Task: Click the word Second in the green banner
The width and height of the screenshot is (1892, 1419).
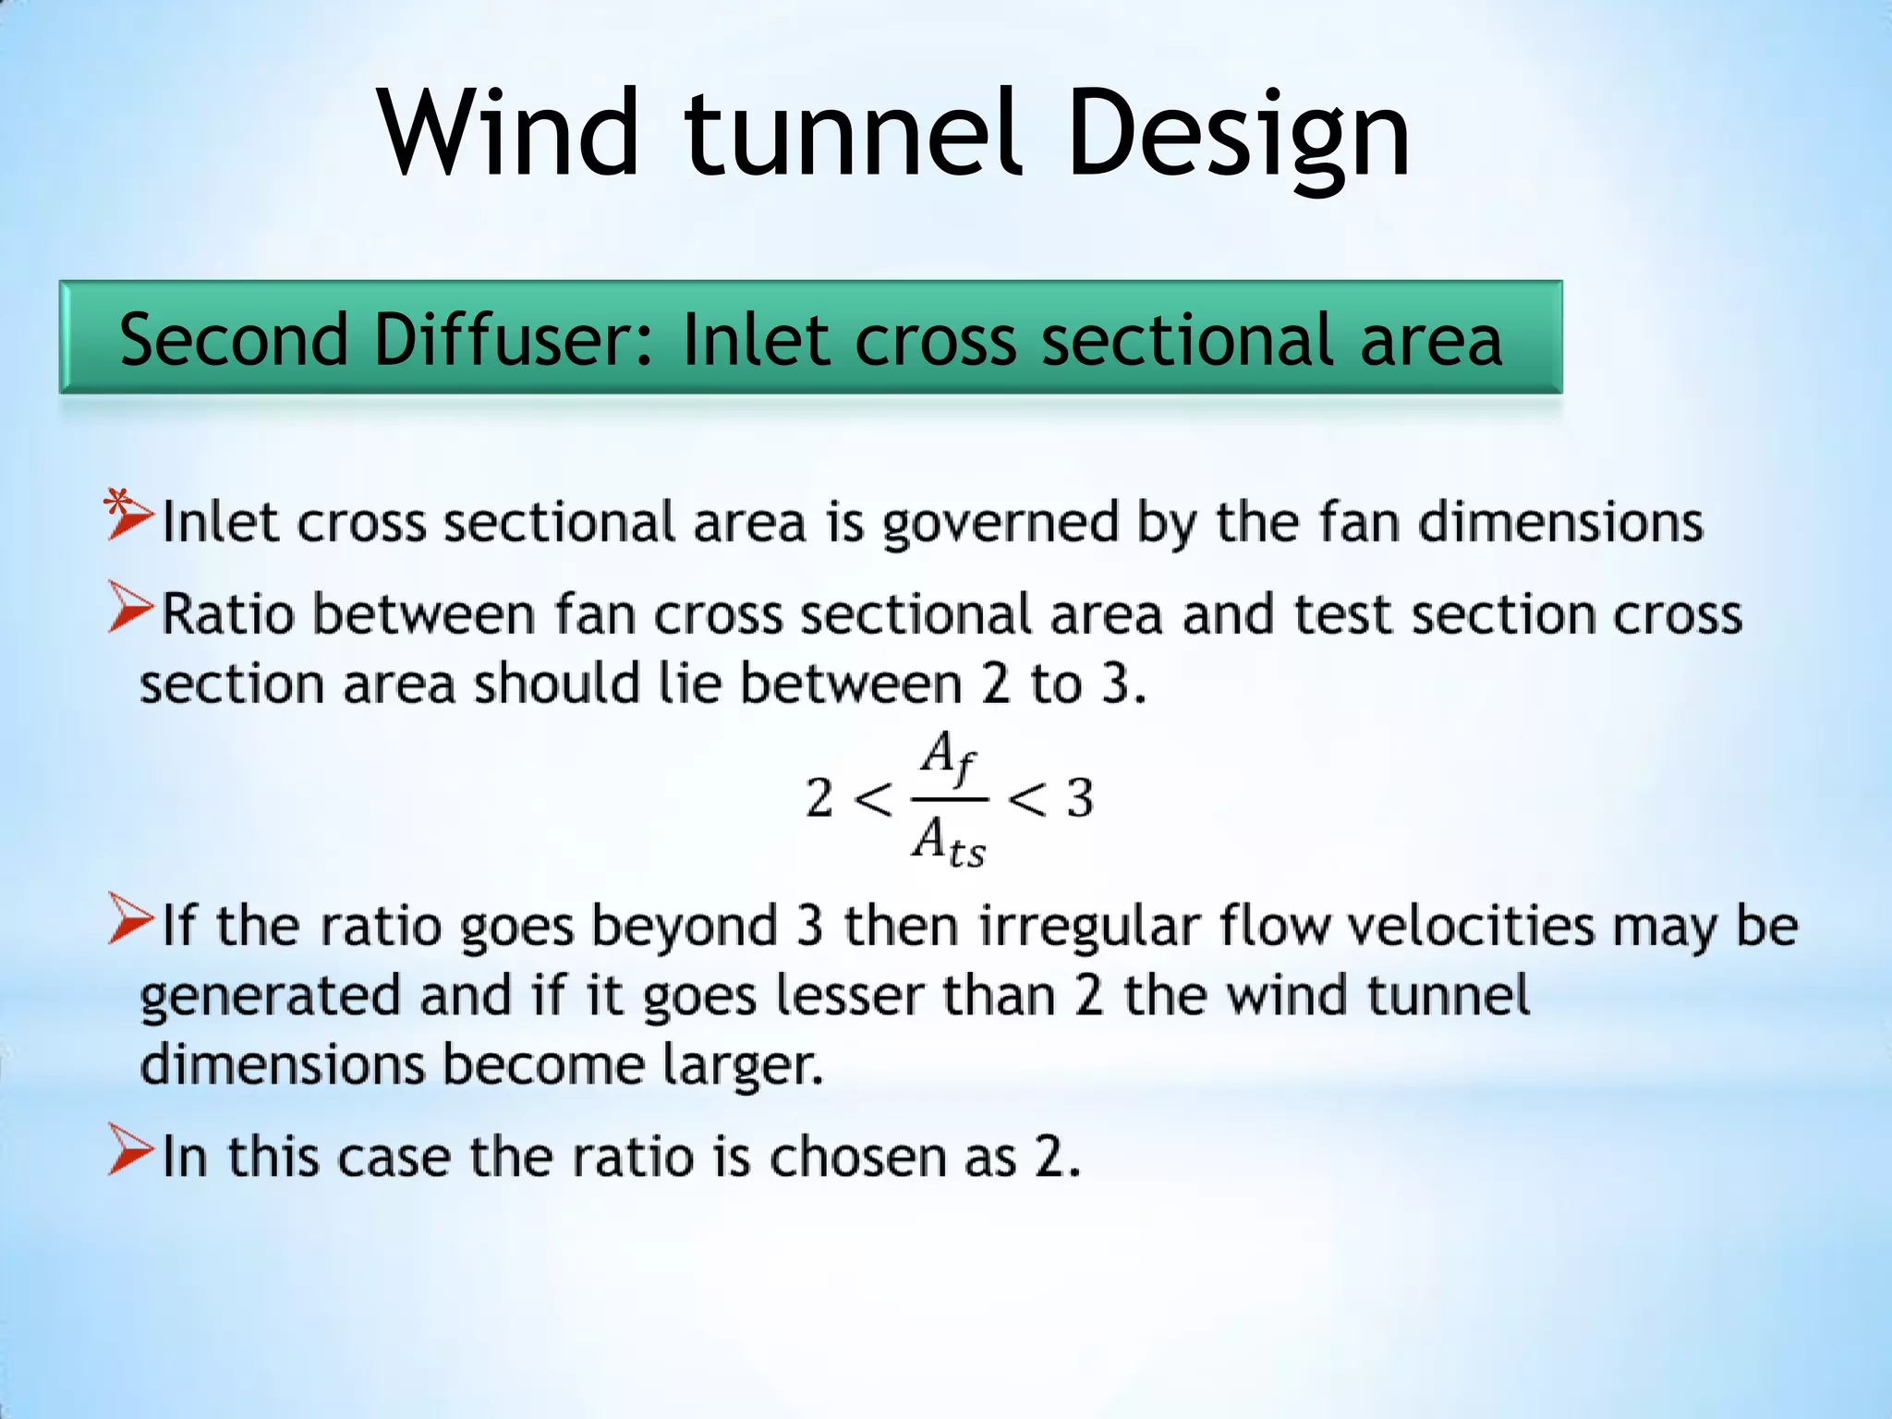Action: click(233, 340)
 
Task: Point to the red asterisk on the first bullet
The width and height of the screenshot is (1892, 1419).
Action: click(116, 503)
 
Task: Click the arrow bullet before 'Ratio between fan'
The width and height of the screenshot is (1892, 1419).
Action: click(130, 607)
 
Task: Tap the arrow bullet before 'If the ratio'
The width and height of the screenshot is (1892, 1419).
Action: click(130, 918)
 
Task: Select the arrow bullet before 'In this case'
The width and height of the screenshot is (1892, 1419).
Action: click(130, 1149)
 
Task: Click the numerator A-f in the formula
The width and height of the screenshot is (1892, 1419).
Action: click(948, 758)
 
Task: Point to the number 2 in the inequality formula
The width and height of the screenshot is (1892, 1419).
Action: click(819, 798)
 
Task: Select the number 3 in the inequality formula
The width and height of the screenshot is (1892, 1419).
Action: click(1080, 798)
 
